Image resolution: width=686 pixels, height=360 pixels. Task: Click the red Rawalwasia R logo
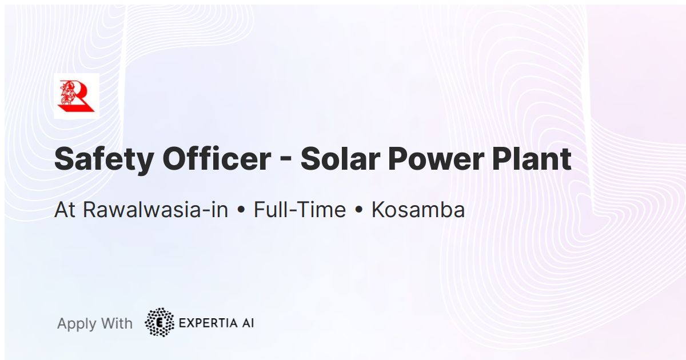pos(77,96)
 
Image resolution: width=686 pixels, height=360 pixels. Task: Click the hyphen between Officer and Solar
pos(286,162)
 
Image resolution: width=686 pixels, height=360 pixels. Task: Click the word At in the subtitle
pos(65,210)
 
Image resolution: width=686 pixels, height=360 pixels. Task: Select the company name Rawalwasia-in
pos(155,210)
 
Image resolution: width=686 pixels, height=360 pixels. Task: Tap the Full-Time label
pos(300,210)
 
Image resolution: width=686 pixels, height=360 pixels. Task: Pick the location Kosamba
pos(418,210)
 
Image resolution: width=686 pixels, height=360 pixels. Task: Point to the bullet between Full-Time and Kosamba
pos(358,211)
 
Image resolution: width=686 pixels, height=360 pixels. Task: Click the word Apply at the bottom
pos(77,324)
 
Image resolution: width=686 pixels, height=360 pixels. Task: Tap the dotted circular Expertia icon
pos(159,322)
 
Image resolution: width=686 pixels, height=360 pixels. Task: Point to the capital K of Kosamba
pos(378,210)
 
